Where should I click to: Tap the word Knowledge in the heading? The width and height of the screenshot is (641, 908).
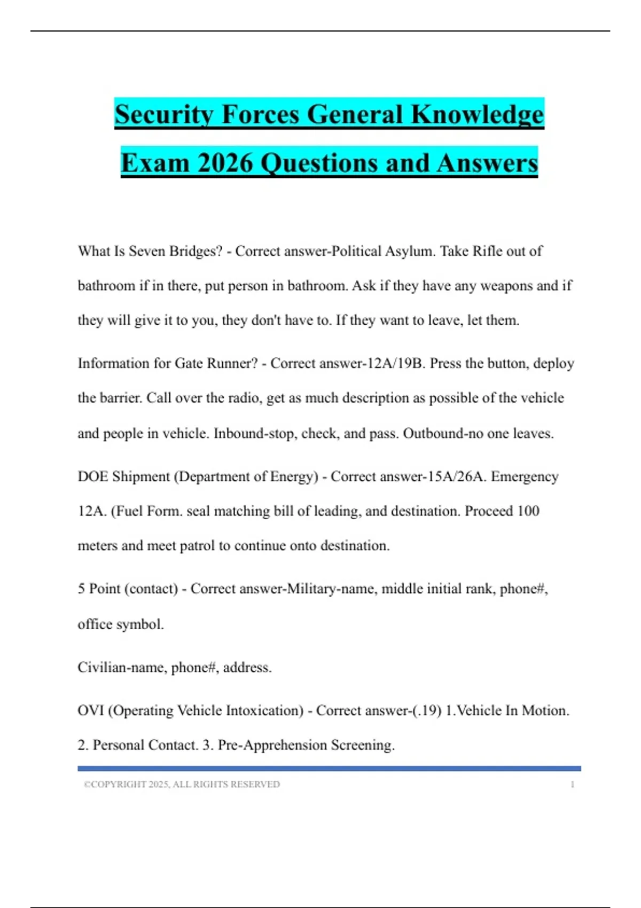tap(477, 114)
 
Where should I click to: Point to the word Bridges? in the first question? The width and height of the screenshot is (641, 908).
tap(196, 251)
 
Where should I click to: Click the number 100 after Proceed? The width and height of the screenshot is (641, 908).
tap(528, 511)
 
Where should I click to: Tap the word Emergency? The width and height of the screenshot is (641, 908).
tap(525, 476)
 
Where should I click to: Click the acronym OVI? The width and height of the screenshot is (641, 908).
tap(91, 710)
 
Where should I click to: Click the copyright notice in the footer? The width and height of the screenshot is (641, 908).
tap(182, 784)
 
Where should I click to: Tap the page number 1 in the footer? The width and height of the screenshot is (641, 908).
tap(572, 784)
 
